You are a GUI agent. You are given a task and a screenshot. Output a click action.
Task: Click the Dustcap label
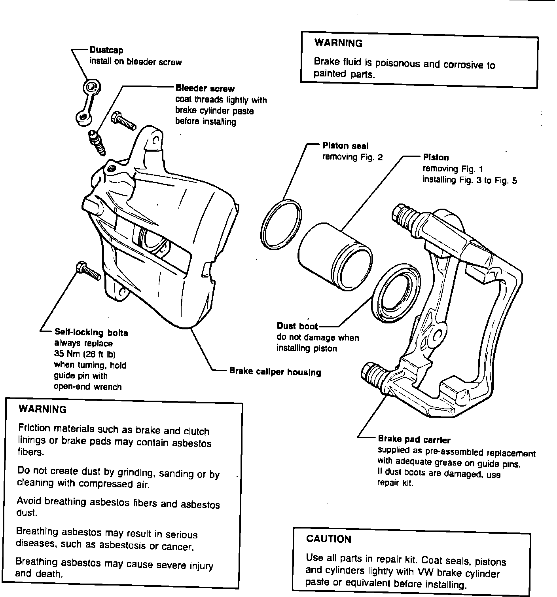coord(106,50)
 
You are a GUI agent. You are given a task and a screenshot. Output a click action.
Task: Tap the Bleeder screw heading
coord(205,88)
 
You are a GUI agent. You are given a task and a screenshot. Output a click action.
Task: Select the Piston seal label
coord(345,146)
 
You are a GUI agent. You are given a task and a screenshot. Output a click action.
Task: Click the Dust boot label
coord(297,326)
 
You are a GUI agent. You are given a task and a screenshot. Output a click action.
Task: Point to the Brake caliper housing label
coord(275,372)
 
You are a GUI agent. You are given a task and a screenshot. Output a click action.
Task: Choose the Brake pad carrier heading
coord(414,439)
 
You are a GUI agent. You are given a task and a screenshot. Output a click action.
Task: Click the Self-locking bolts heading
coord(91,333)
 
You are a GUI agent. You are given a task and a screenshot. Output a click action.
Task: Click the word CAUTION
coord(329,539)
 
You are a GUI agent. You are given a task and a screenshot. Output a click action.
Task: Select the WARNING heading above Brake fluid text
coord(338,43)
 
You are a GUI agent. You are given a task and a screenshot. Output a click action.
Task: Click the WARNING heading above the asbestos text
coord(43,409)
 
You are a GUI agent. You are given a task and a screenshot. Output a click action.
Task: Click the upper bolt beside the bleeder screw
coord(124,121)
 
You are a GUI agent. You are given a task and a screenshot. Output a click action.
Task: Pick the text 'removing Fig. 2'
coord(352,157)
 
